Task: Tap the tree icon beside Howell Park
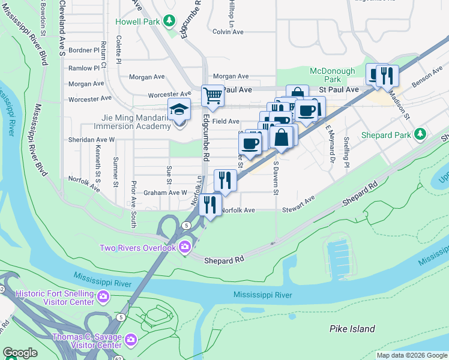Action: click(x=169, y=21)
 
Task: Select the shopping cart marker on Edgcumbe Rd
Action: click(x=212, y=95)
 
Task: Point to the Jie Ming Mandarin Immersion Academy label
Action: click(x=133, y=122)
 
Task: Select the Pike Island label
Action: click(x=352, y=329)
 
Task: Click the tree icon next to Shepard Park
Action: click(x=421, y=134)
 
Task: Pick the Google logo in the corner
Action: click(x=20, y=353)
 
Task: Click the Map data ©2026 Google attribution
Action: click(x=412, y=355)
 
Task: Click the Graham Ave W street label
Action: click(x=166, y=193)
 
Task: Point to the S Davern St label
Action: click(x=277, y=177)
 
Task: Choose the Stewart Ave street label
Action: click(x=298, y=205)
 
